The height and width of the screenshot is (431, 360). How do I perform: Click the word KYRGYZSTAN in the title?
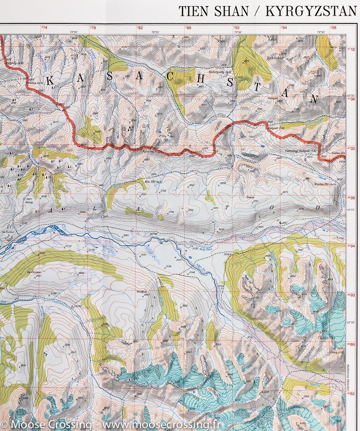311,11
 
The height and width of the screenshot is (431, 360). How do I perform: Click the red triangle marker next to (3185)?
73,307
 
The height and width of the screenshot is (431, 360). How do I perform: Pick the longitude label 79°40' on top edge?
238,32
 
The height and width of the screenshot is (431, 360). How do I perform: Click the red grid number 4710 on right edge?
351,49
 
